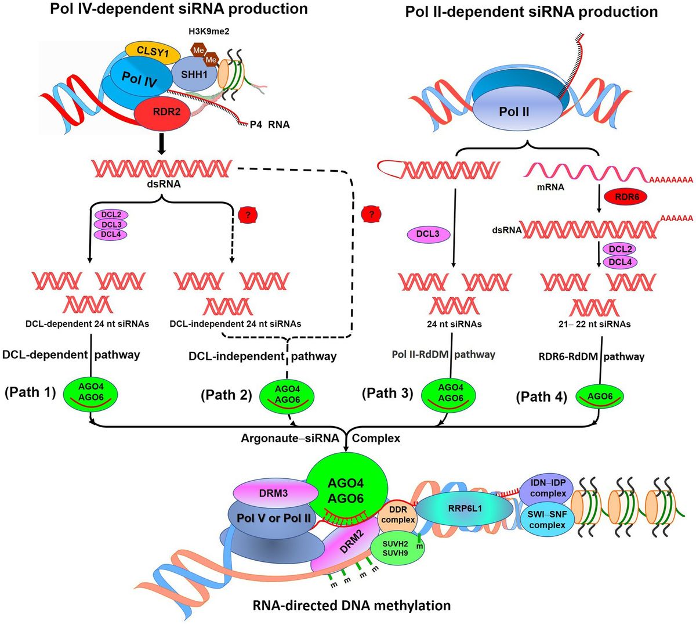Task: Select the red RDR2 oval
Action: (x=166, y=112)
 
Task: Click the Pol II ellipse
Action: (x=514, y=111)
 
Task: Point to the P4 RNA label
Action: (x=270, y=124)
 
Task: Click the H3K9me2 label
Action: (x=208, y=31)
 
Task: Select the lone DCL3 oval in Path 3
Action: (x=428, y=235)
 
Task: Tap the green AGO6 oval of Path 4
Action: (x=600, y=396)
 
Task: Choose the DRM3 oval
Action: (x=274, y=493)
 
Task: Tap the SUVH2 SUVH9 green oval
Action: (x=397, y=549)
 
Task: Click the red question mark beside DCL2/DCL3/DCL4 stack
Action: (x=247, y=215)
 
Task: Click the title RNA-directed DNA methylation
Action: (x=351, y=605)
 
